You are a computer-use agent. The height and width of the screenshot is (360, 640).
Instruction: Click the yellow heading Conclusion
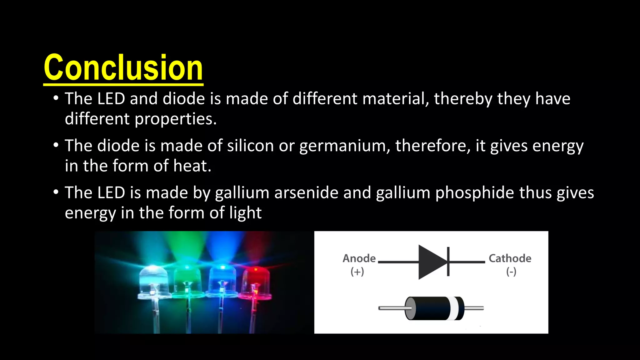click(123, 67)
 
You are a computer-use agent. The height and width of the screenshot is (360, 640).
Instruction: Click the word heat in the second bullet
click(192, 166)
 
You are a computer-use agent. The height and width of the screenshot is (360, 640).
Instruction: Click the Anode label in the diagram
click(359, 258)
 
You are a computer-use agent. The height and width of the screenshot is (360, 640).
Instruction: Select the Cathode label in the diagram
click(510, 258)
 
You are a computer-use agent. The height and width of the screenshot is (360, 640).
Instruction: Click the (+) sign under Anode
click(357, 272)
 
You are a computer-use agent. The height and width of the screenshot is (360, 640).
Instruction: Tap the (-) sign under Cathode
click(511, 272)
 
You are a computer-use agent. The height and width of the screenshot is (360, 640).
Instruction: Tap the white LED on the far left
click(153, 281)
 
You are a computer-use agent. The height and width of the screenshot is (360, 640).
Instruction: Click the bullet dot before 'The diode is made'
click(56, 145)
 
